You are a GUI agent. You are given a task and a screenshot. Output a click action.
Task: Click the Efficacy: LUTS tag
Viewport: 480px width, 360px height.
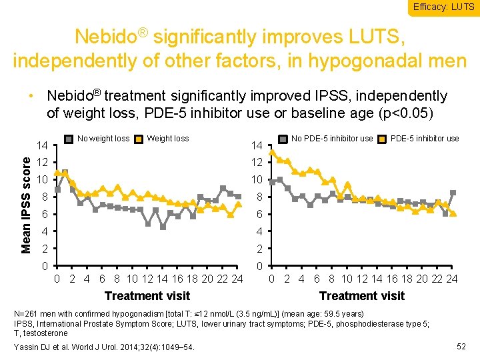pos(443,7)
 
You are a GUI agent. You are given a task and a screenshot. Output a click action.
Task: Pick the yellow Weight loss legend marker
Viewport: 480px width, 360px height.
pos(138,139)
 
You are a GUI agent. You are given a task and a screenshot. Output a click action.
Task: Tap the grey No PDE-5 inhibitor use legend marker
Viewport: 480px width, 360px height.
pos(283,139)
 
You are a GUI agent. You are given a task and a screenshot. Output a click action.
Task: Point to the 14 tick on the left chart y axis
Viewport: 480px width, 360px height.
pos(41,145)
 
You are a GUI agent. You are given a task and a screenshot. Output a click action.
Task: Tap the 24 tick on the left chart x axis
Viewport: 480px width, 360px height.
pos(237,279)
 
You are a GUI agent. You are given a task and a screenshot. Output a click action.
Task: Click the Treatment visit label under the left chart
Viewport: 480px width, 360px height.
pos(147,295)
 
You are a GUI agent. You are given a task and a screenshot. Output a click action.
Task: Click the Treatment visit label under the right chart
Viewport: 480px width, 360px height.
pos(361,295)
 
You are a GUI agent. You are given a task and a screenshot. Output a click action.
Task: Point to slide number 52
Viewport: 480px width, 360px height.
pos(461,345)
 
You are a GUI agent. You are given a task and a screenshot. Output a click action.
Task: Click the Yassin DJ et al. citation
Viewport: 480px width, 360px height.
pos(104,346)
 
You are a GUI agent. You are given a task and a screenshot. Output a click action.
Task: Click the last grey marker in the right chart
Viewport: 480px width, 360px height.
pos(453,193)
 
